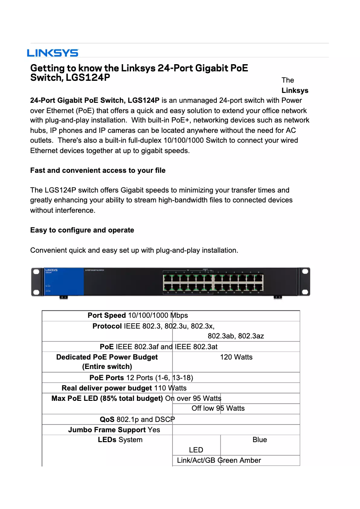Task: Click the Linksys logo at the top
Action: tap(53, 53)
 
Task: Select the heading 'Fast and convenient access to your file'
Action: tap(97, 170)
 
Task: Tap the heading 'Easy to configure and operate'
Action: tap(82, 230)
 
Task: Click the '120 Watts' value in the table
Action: tap(236, 357)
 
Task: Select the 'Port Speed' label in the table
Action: tap(107, 316)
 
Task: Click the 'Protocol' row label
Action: tap(107, 326)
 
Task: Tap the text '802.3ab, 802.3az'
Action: tap(236, 336)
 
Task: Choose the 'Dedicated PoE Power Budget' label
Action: tap(107, 357)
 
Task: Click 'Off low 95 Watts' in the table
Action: tap(218, 408)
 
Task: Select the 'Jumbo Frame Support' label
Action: tap(107, 430)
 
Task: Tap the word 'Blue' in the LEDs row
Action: tap(259, 440)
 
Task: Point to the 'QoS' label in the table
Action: tap(107, 419)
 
